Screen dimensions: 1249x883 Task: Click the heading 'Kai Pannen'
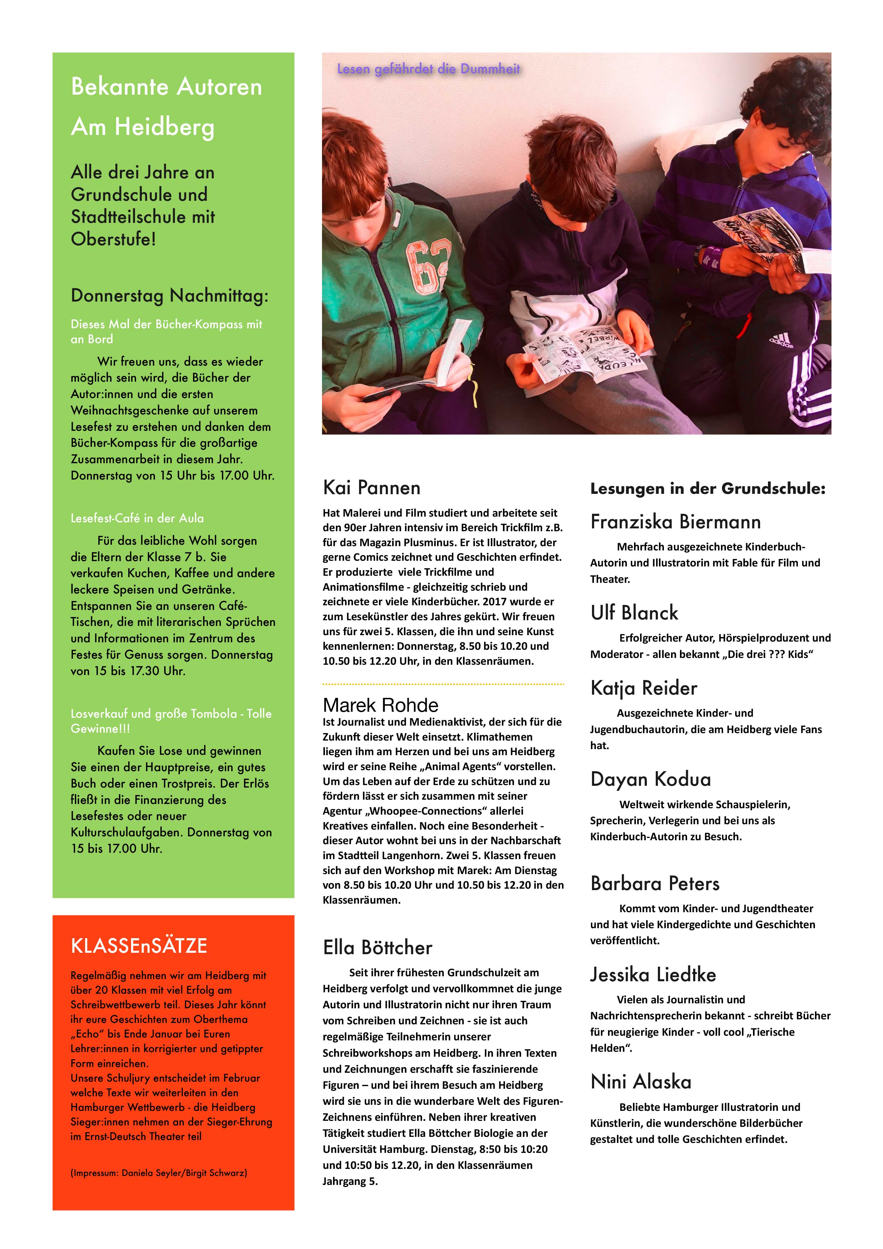[371, 487]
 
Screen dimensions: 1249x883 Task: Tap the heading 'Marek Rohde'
[380, 705]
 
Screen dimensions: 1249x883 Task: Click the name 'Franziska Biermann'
[675, 522]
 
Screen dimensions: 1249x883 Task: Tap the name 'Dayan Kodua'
[650, 779]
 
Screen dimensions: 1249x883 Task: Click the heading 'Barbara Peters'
[654, 883]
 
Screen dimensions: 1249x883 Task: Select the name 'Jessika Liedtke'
[653, 974]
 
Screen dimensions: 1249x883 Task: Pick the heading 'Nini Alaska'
[640, 1081]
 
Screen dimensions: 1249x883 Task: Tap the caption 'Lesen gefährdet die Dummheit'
[428, 69]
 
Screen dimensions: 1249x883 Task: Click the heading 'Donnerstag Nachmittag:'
[169, 296]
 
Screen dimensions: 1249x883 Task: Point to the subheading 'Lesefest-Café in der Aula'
[137, 518]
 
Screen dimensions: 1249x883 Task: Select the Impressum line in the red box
[158, 1173]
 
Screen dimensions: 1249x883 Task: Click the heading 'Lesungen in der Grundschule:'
[707, 488]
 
